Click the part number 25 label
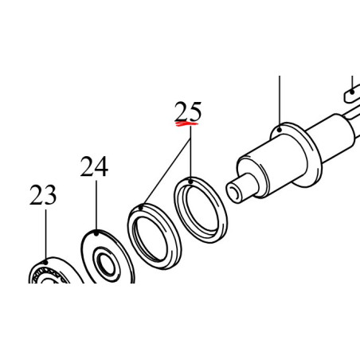point(188,112)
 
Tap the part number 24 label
point(94,166)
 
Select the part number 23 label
point(43,195)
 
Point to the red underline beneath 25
point(186,123)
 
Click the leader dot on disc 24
point(96,233)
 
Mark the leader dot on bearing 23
point(45,262)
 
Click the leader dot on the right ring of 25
point(190,182)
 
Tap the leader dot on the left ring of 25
point(141,207)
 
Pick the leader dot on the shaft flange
point(280,130)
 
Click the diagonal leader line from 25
point(166,173)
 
